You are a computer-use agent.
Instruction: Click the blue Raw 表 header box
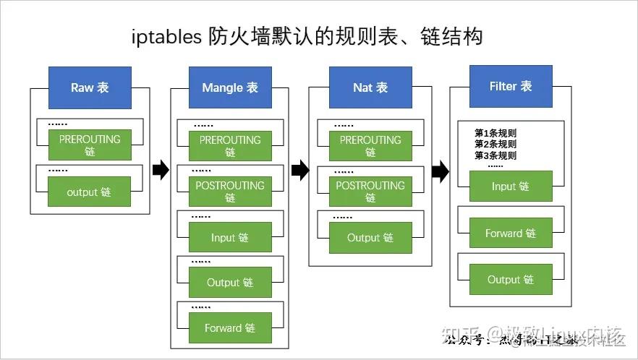(x=90, y=87)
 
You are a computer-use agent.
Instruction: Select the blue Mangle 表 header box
(x=230, y=87)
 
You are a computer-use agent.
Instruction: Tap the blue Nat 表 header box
(x=370, y=87)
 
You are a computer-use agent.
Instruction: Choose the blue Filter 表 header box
(x=511, y=86)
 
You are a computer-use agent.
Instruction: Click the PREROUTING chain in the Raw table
(x=90, y=145)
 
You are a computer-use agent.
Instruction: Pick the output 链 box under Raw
(x=90, y=192)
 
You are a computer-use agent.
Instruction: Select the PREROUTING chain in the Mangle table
(x=230, y=146)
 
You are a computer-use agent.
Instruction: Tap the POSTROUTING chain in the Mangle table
(x=230, y=192)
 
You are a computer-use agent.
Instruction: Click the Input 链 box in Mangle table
(x=230, y=237)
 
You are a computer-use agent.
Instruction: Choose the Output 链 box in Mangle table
(x=230, y=282)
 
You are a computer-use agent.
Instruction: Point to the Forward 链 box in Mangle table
(x=230, y=327)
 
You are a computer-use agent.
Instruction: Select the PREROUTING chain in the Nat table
(x=370, y=146)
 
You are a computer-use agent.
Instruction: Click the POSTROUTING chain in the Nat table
(x=370, y=192)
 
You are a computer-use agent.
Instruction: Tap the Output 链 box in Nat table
(x=370, y=237)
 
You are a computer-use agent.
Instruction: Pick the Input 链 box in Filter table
(x=511, y=186)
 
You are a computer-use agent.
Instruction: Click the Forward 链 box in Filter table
(x=511, y=233)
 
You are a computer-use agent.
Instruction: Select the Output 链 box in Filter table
(x=511, y=279)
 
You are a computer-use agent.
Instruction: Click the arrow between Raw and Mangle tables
(x=161, y=171)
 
